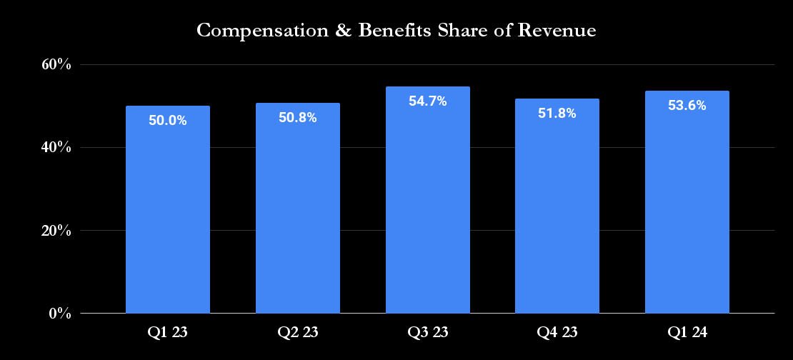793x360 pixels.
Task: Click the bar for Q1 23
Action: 168,214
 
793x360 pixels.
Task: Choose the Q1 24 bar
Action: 687,206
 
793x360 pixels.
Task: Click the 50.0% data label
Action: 168,121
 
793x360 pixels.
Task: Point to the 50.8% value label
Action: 298,118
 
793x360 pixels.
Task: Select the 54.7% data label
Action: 428,101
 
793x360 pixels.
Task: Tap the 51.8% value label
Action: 557,114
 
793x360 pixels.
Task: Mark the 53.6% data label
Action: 687,106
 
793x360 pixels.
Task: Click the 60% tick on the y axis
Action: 56,65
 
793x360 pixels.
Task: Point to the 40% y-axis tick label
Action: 56,148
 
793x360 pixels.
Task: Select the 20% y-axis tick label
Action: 56,231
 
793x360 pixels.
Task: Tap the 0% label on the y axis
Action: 59,314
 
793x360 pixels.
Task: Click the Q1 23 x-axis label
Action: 168,332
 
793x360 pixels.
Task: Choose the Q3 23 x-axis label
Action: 428,332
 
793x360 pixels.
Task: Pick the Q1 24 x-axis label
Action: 687,332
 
